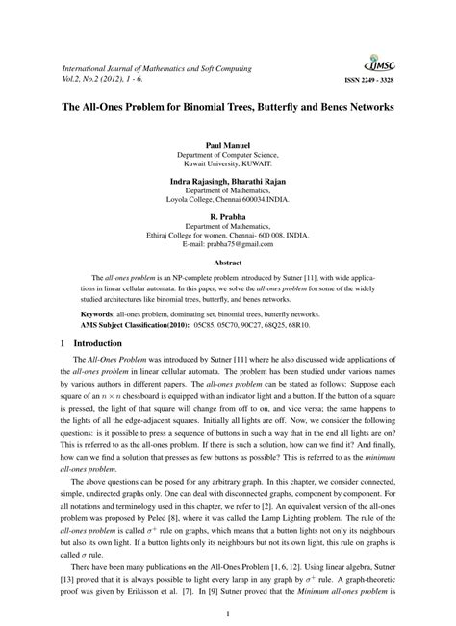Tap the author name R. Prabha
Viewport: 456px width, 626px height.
point(227,217)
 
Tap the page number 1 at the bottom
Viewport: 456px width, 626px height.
point(228,613)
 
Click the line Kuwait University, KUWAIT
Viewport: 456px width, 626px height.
point(227,164)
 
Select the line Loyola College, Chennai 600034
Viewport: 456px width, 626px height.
point(227,201)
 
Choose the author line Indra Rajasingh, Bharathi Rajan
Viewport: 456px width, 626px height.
point(227,181)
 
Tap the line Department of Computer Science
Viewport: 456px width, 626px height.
point(227,155)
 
